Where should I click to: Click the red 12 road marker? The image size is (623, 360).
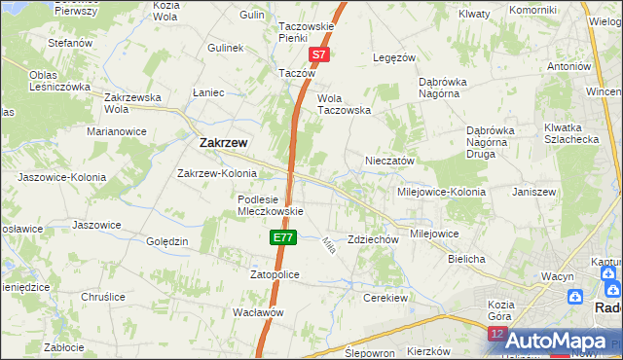tap(496, 335)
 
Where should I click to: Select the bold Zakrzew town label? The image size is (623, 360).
tap(223, 142)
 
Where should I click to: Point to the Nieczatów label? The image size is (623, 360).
tap(389, 161)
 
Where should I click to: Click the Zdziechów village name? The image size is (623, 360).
tap(374, 239)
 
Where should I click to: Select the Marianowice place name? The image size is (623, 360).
tap(116, 130)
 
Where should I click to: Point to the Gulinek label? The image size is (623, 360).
tap(224, 48)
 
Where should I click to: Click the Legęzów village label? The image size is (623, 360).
tap(395, 57)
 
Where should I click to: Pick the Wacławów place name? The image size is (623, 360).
tap(258, 312)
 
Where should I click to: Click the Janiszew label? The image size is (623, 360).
tap(533, 192)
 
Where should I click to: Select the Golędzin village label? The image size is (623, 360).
tap(166, 241)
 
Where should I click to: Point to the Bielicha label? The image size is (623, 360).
tap(466, 260)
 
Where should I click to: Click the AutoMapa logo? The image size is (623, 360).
tap(556, 341)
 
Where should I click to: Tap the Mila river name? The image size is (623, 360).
tap(328, 246)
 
